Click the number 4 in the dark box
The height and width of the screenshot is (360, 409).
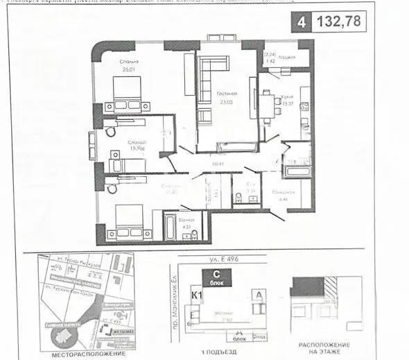(301, 22)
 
